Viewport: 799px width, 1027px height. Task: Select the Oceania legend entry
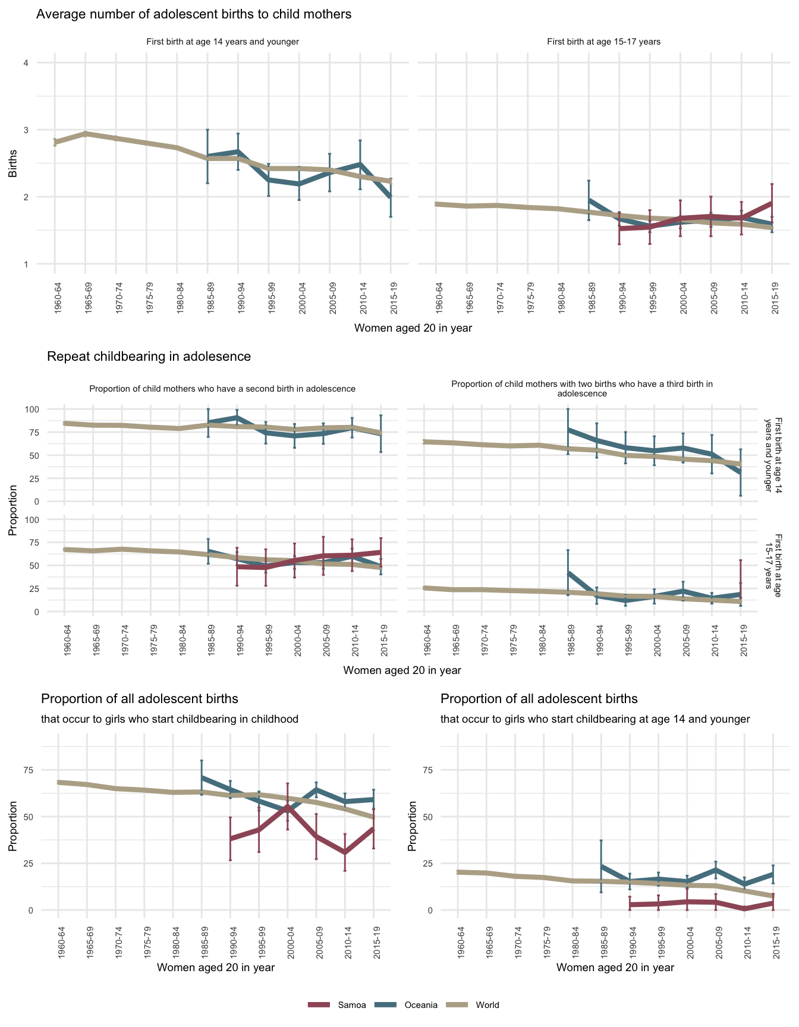click(420, 1005)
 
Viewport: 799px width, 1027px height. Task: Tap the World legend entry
click(487, 1005)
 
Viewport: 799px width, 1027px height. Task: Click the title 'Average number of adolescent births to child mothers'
click(194, 14)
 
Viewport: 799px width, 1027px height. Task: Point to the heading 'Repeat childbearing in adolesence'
click(149, 357)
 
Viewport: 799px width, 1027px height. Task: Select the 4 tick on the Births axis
click(26, 63)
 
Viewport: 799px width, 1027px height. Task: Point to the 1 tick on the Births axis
click(26, 264)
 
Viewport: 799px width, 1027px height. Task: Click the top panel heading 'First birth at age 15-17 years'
click(603, 42)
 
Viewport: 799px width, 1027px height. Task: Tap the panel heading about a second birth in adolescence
click(222, 389)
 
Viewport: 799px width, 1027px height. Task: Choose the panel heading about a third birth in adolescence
click(582, 389)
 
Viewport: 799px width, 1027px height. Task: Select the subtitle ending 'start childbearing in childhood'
click(169, 719)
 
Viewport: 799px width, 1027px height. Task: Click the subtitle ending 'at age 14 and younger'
click(595, 719)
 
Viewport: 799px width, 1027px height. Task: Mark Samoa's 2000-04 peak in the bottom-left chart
click(288, 806)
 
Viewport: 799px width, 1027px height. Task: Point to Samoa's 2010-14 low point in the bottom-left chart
click(345, 852)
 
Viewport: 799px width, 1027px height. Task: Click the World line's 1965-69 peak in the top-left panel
click(85, 134)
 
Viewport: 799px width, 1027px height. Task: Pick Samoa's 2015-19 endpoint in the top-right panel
click(772, 203)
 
